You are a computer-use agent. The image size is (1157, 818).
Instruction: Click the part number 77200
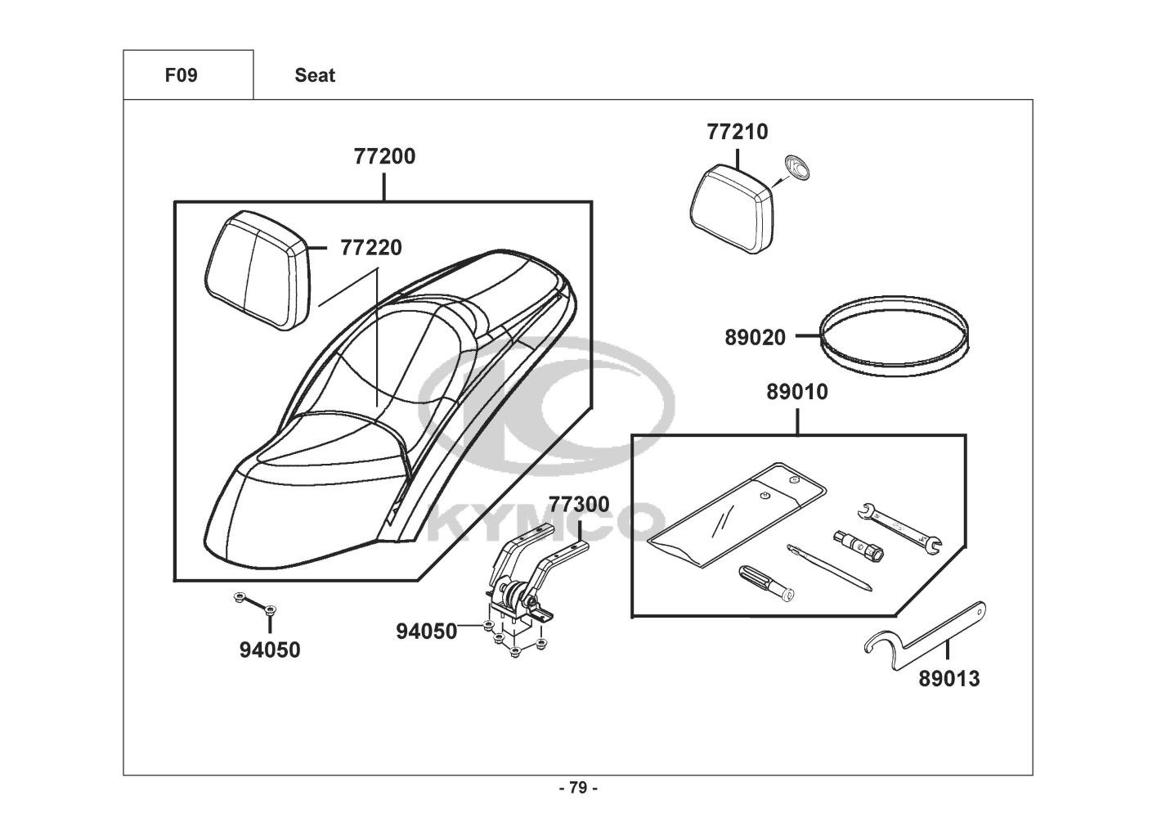coord(384,156)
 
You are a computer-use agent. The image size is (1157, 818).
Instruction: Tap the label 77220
coord(371,248)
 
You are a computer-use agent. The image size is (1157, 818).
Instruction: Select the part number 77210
coord(737,132)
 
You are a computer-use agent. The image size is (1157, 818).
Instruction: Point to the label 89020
coord(755,338)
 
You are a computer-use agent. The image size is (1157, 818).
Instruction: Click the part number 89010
coord(797,392)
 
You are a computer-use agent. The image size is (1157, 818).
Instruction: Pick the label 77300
coord(579,505)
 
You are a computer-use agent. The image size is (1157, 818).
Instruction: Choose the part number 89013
coord(948,679)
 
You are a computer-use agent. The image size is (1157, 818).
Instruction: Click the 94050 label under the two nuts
coord(270,650)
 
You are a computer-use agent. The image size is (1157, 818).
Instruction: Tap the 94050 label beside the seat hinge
coord(427,631)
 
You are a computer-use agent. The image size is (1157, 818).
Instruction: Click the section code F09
coord(182,75)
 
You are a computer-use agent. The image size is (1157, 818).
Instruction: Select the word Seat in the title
coord(315,75)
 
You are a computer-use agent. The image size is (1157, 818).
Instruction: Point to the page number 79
coord(579,788)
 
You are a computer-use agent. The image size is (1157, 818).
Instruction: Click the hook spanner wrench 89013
coord(925,636)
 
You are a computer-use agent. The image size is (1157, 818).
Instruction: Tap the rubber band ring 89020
coord(895,336)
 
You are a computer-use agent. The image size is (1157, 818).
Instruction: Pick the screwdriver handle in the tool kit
coord(766,583)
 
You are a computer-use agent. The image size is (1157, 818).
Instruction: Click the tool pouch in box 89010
coord(737,515)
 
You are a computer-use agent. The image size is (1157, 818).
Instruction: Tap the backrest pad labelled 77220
coord(258,270)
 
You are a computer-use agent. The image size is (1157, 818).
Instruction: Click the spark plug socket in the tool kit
coord(859,546)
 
